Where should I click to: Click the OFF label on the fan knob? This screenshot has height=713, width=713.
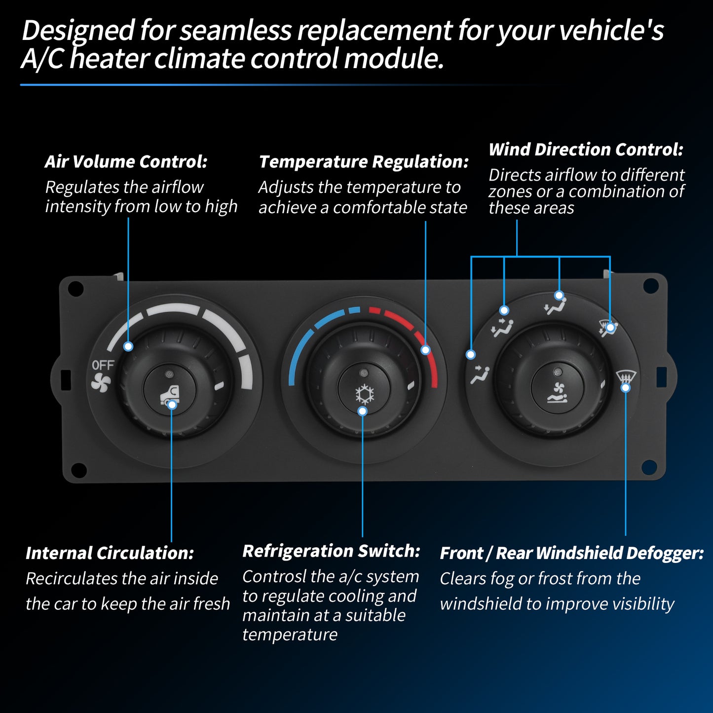pos(103,365)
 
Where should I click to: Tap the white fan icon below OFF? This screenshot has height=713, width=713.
pos(101,382)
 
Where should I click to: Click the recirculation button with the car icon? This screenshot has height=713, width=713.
pos(170,390)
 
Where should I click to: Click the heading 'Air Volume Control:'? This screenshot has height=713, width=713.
pos(126,162)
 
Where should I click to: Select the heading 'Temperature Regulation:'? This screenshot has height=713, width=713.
pos(364,162)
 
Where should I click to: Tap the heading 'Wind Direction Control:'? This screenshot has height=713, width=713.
pos(586,150)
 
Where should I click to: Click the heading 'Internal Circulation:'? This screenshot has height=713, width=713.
pos(110,553)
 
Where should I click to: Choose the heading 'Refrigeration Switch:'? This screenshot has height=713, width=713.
pos(331,551)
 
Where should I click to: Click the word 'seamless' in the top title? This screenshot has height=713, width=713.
pos(235,30)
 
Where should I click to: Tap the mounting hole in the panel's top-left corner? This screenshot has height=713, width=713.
pos(75,289)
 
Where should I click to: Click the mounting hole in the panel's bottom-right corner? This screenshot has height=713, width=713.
pos(649,467)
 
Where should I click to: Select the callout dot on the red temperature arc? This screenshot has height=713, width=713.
pos(425,350)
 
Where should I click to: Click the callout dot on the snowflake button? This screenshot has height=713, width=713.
pos(363,411)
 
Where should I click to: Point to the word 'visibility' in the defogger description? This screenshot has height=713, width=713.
pos(643,604)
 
